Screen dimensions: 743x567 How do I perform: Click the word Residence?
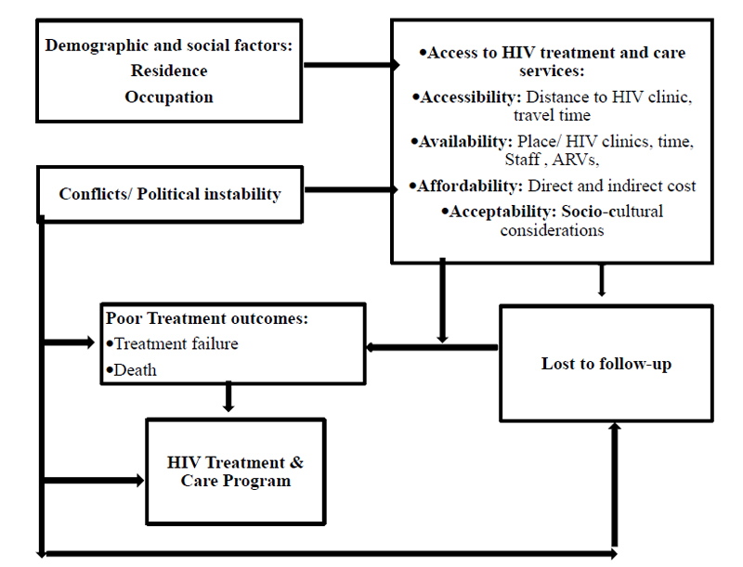[x=169, y=71]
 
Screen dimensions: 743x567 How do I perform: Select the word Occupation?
[x=169, y=97]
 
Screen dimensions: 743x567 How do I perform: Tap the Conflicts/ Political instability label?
[x=170, y=194]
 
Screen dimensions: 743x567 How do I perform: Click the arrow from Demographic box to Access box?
[x=352, y=65]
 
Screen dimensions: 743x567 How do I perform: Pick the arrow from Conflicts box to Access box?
[x=351, y=190]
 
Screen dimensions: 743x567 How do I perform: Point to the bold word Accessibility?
[x=471, y=97]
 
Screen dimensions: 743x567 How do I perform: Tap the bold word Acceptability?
[x=502, y=212]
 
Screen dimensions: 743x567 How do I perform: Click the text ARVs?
[x=575, y=160]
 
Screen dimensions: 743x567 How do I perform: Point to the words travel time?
[x=552, y=115]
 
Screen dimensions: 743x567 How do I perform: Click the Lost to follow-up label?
[x=606, y=364]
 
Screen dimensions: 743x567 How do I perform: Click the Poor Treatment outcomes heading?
[x=206, y=318]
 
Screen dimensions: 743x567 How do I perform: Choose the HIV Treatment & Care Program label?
[x=236, y=471]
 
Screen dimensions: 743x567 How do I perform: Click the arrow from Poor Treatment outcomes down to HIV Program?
[x=228, y=396]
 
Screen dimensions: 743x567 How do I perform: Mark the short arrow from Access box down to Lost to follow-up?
[x=602, y=280]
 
